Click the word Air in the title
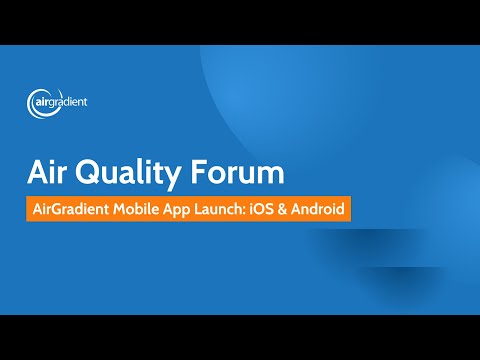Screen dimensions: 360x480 click(49, 173)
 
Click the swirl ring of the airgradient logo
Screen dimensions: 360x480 click(39, 102)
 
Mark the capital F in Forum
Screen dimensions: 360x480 click(197, 173)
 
